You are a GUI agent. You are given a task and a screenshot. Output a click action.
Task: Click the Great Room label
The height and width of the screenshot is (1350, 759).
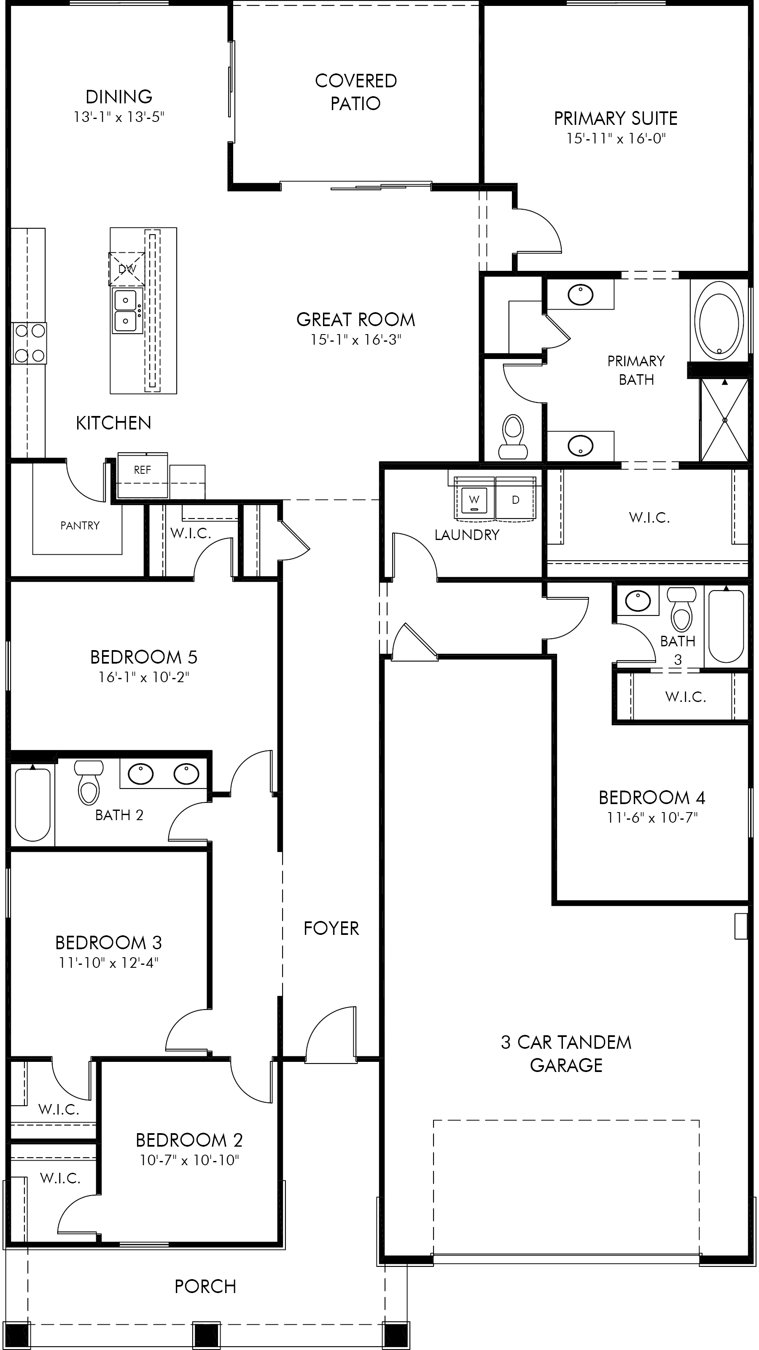tap(355, 320)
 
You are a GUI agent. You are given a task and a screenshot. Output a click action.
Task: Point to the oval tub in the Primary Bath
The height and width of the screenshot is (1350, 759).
tap(719, 321)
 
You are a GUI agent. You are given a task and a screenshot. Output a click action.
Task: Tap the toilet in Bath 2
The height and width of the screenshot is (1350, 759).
tap(89, 783)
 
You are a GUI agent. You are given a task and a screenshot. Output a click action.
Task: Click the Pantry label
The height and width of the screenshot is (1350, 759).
tap(80, 526)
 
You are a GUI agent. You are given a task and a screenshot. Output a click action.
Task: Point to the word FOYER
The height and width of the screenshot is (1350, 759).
tap(331, 929)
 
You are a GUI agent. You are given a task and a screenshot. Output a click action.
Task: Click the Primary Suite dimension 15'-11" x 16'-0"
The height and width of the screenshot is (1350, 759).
tap(616, 138)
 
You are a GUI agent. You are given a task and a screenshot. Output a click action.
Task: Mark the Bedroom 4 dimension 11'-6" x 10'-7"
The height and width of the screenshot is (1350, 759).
tap(652, 818)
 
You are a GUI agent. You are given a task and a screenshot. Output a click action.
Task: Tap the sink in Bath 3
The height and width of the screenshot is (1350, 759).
tap(638, 601)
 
